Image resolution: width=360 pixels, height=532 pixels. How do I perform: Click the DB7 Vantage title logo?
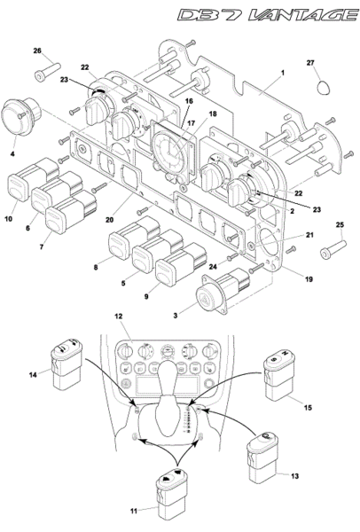(x=268, y=16)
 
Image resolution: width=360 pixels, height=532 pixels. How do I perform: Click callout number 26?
(x=37, y=51)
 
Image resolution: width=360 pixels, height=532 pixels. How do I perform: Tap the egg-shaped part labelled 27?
(x=323, y=88)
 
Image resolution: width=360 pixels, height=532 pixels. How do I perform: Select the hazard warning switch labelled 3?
(x=224, y=291)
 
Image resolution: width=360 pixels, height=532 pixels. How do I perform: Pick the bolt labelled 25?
(x=333, y=249)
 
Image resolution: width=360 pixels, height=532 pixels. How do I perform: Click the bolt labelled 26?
(x=48, y=72)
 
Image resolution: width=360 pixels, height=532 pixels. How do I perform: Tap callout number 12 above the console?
(x=119, y=316)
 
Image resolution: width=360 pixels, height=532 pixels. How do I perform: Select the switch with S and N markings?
(x=279, y=375)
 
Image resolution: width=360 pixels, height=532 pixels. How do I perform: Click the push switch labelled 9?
(x=181, y=264)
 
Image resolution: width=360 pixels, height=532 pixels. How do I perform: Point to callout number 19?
(x=309, y=279)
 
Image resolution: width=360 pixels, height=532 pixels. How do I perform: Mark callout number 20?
(x=109, y=220)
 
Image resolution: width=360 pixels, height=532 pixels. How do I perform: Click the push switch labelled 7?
(x=71, y=212)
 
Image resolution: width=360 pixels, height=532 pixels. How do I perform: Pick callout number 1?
(x=283, y=73)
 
